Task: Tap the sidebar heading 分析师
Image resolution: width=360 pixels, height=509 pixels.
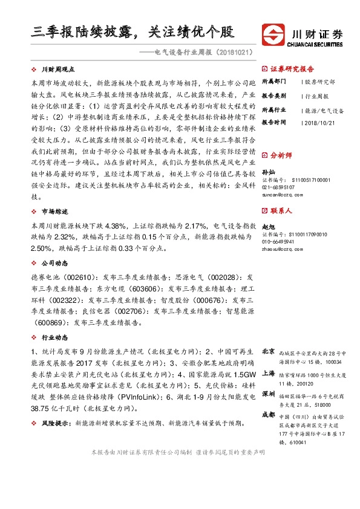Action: point(281,155)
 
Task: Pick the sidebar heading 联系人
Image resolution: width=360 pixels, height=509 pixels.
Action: point(281,211)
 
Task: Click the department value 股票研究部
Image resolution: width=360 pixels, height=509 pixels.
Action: point(319,81)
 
